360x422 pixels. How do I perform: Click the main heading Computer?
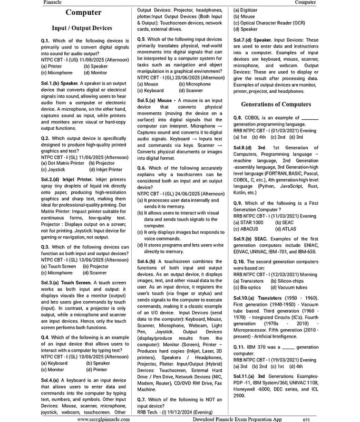click(84, 13)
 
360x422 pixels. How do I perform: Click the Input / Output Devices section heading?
click(82, 28)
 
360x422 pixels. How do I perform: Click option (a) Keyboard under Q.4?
click(54, 363)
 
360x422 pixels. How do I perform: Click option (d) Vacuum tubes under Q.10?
click(289, 287)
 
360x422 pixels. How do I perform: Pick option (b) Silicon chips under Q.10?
click(287, 281)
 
